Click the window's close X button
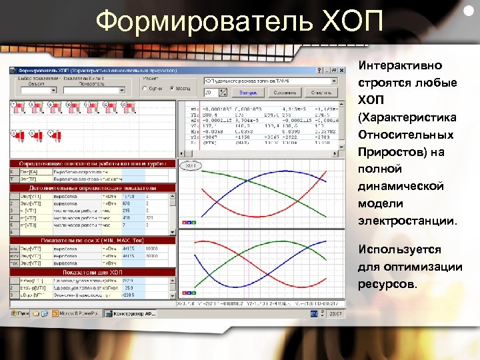(x=344, y=71)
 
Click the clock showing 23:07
(x=337, y=312)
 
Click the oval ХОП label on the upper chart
(x=191, y=165)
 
